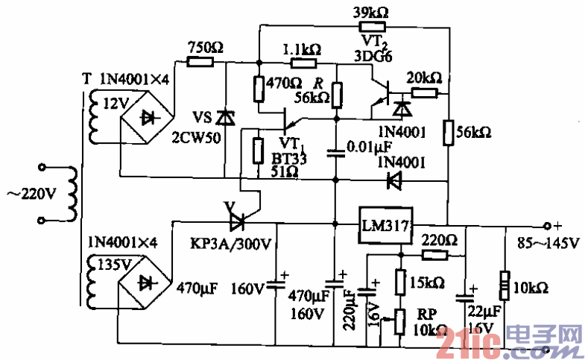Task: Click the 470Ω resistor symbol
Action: click(259, 88)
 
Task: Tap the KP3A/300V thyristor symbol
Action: click(237, 221)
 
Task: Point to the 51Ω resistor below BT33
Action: click(259, 150)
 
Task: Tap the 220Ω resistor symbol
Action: click(434, 255)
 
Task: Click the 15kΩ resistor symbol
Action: click(399, 282)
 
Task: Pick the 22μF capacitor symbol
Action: click(471, 289)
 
